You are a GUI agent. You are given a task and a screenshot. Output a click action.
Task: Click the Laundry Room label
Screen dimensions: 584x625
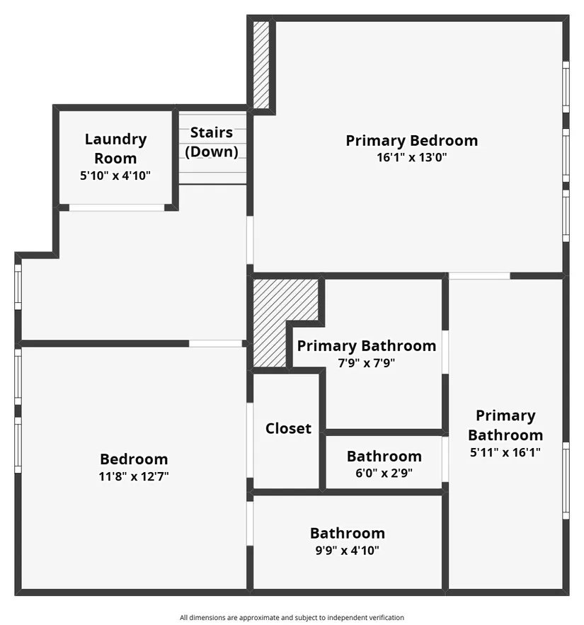[115, 149]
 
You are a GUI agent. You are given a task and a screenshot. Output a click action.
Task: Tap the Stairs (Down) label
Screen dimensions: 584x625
[212, 142]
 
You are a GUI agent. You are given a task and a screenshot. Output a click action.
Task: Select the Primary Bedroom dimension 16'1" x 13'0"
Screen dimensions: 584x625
[412, 157]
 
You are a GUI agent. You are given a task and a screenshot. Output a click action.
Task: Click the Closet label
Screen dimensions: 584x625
[288, 428]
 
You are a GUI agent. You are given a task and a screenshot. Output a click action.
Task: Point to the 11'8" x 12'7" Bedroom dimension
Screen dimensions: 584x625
[134, 476]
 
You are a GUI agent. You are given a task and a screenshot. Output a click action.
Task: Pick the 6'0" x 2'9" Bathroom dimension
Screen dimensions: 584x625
[384, 473]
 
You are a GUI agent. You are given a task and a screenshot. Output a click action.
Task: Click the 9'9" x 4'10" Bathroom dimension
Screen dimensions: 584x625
[347, 551]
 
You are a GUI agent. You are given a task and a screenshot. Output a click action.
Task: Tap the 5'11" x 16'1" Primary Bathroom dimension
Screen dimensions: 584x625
[505, 452]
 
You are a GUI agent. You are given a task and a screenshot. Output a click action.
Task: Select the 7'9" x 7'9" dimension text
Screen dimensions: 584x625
[367, 363]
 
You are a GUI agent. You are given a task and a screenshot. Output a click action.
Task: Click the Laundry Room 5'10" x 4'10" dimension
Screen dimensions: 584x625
[115, 176]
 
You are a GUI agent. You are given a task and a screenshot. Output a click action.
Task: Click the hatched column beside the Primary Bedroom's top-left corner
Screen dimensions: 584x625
[261, 64]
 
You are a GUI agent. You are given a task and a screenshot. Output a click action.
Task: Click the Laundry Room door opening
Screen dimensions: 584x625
[117, 207]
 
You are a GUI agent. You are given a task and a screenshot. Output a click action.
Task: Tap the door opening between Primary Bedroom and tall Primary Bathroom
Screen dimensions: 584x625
[479, 276]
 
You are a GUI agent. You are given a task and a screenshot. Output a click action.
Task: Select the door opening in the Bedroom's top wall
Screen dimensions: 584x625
[216, 343]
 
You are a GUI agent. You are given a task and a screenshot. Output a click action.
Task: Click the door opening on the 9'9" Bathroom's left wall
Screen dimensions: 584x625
[250, 523]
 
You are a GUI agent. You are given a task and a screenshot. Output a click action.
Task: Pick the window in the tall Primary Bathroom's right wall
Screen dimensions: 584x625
[566, 481]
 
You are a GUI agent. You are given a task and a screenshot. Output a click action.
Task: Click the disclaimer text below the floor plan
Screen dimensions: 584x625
[292, 617]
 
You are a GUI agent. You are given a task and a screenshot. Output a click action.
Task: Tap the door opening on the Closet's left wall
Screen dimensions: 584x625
[250, 440]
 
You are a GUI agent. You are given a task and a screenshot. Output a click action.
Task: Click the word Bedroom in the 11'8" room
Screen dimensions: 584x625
[134, 459]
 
